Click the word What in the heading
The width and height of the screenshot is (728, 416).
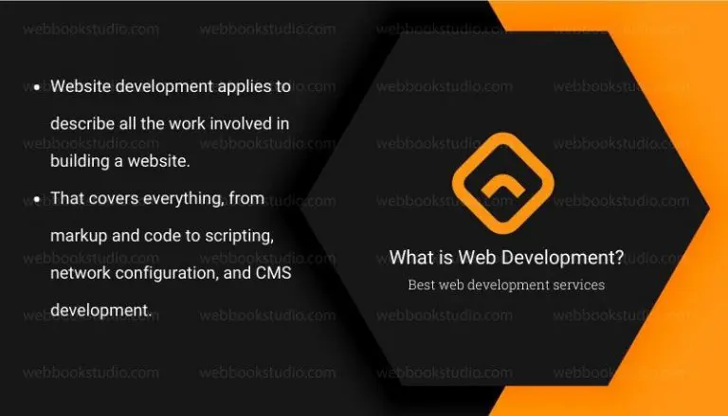410,258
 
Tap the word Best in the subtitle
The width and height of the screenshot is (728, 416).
424,284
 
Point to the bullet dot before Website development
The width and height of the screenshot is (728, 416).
36,87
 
